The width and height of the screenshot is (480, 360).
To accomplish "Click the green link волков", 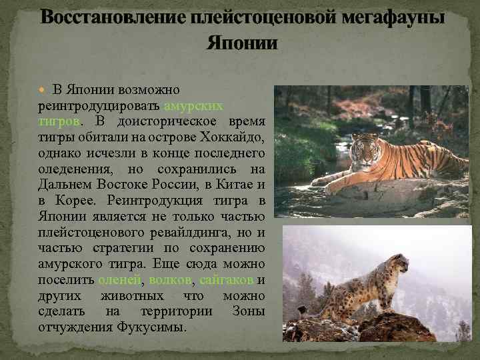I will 171,280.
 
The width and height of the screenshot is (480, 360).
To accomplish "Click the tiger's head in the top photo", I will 364,146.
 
